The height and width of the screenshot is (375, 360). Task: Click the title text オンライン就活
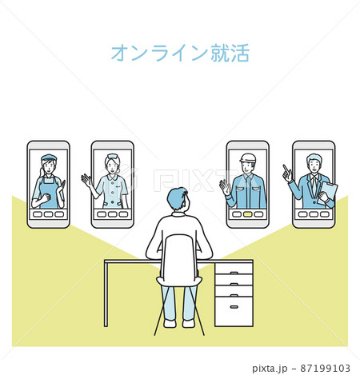(x=180, y=53)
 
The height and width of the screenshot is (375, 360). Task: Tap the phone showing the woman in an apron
(x=48, y=184)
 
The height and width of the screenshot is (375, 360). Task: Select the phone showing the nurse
(x=112, y=184)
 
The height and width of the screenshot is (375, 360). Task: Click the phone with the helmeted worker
(x=247, y=184)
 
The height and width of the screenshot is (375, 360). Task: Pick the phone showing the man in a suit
(x=313, y=184)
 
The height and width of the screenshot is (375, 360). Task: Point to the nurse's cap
(x=113, y=157)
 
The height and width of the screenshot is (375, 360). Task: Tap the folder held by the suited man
(x=328, y=191)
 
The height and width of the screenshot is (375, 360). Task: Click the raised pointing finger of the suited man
(x=284, y=169)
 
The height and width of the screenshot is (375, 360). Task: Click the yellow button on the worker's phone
(x=247, y=214)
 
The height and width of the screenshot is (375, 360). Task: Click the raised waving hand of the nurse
(x=85, y=179)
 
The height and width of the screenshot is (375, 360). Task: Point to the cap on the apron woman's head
(x=48, y=158)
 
